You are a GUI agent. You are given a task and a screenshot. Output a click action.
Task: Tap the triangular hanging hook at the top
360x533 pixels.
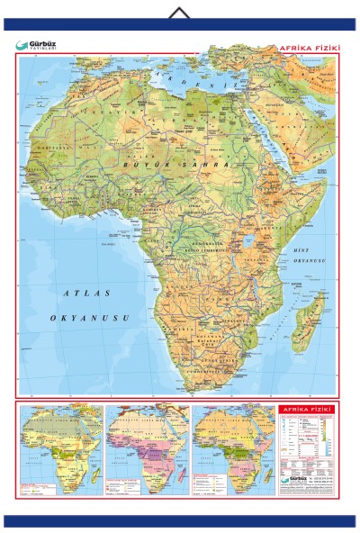(180, 12)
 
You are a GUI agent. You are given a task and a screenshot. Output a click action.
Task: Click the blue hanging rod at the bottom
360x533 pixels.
(180, 520)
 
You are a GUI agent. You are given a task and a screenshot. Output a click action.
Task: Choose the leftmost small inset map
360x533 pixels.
(61, 448)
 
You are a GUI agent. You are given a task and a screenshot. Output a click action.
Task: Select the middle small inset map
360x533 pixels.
(147, 448)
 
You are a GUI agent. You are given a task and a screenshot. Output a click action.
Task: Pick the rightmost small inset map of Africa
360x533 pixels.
(232, 448)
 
